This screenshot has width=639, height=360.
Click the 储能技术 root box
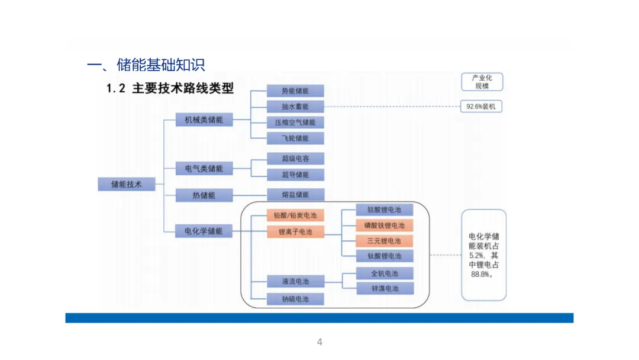pyautogui.click(x=127, y=184)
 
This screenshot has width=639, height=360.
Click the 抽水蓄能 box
pyautogui.click(x=295, y=107)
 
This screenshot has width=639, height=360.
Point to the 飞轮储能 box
pyautogui.click(x=295, y=139)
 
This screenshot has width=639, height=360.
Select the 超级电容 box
pyautogui.click(x=295, y=159)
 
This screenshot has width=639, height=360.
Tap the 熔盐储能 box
pyautogui.click(x=295, y=195)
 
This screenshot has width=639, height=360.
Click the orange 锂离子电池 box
pyautogui.click(x=295, y=232)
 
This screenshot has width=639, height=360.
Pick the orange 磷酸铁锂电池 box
pyautogui.click(x=385, y=226)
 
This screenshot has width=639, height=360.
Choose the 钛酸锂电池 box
pyautogui.click(x=385, y=256)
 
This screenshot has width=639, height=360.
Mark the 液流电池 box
pyautogui.click(x=295, y=281)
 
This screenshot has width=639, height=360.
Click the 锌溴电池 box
pyautogui.click(x=385, y=288)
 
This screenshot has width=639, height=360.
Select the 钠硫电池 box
pyautogui.click(x=295, y=299)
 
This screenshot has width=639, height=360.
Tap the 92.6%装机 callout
pyautogui.click(x=482, y=107)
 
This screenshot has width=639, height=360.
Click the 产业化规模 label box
pyautogui.click(x=482, y=82)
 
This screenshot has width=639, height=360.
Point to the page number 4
pyautogui.click(x=319, y=342)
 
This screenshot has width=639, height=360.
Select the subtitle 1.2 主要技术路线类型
pyautogui.click(x=170, y=89)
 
